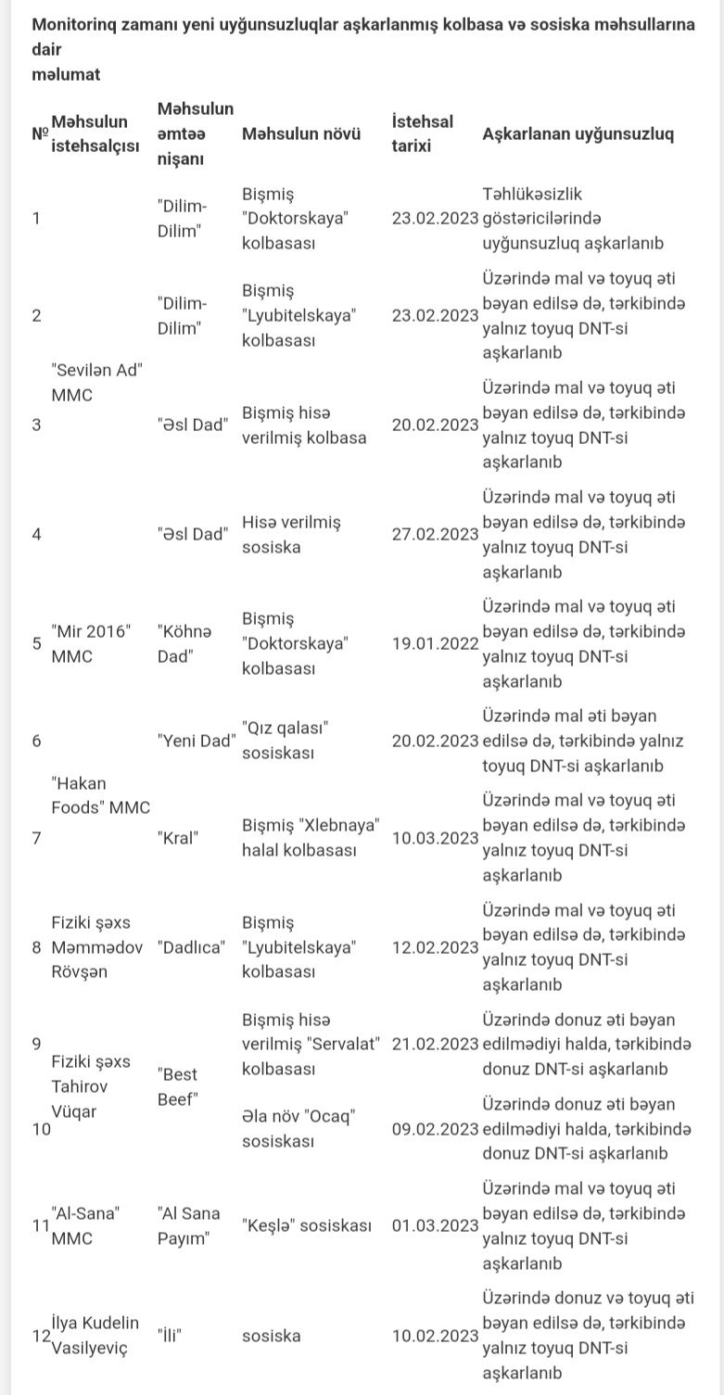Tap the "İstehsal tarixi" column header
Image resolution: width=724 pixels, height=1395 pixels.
[x=423, y=133]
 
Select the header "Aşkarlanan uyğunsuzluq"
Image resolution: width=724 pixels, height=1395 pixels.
[x=578, y=133]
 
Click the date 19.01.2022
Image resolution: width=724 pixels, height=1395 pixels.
[x=435, y=643]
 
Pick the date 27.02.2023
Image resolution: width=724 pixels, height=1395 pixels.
[x=435, y=534]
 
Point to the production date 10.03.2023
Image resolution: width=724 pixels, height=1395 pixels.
[x=435, y=838]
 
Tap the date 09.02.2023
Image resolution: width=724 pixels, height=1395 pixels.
[x=435, y=1129]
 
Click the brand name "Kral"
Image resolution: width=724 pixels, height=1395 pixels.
[x=179, y=838]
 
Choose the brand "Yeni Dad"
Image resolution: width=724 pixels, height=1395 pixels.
[x=196, y=741]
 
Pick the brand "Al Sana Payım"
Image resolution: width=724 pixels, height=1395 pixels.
[x=189, y=1225]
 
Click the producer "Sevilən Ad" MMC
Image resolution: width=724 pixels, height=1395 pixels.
[x=102, y=382]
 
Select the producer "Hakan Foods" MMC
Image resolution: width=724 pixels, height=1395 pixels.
[x=100, y=795]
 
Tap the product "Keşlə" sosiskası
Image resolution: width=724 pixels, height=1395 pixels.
[x=306, y=1225]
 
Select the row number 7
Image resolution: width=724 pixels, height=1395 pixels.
[x=36, y=838]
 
